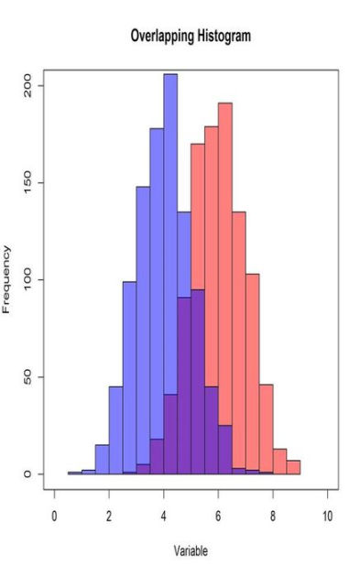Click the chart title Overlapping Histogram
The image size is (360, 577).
[x=191, y=36]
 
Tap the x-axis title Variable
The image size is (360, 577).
[x=191, y=550]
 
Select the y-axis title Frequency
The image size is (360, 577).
[x=7, y=279]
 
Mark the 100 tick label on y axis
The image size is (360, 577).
[x=28, y=279]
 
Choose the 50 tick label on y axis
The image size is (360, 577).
[x=28, y=376]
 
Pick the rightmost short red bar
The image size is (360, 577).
[x=293, y=467]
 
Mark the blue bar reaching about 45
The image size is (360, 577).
[x=115, y=430]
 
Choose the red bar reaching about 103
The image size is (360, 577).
[x=253, y=376]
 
